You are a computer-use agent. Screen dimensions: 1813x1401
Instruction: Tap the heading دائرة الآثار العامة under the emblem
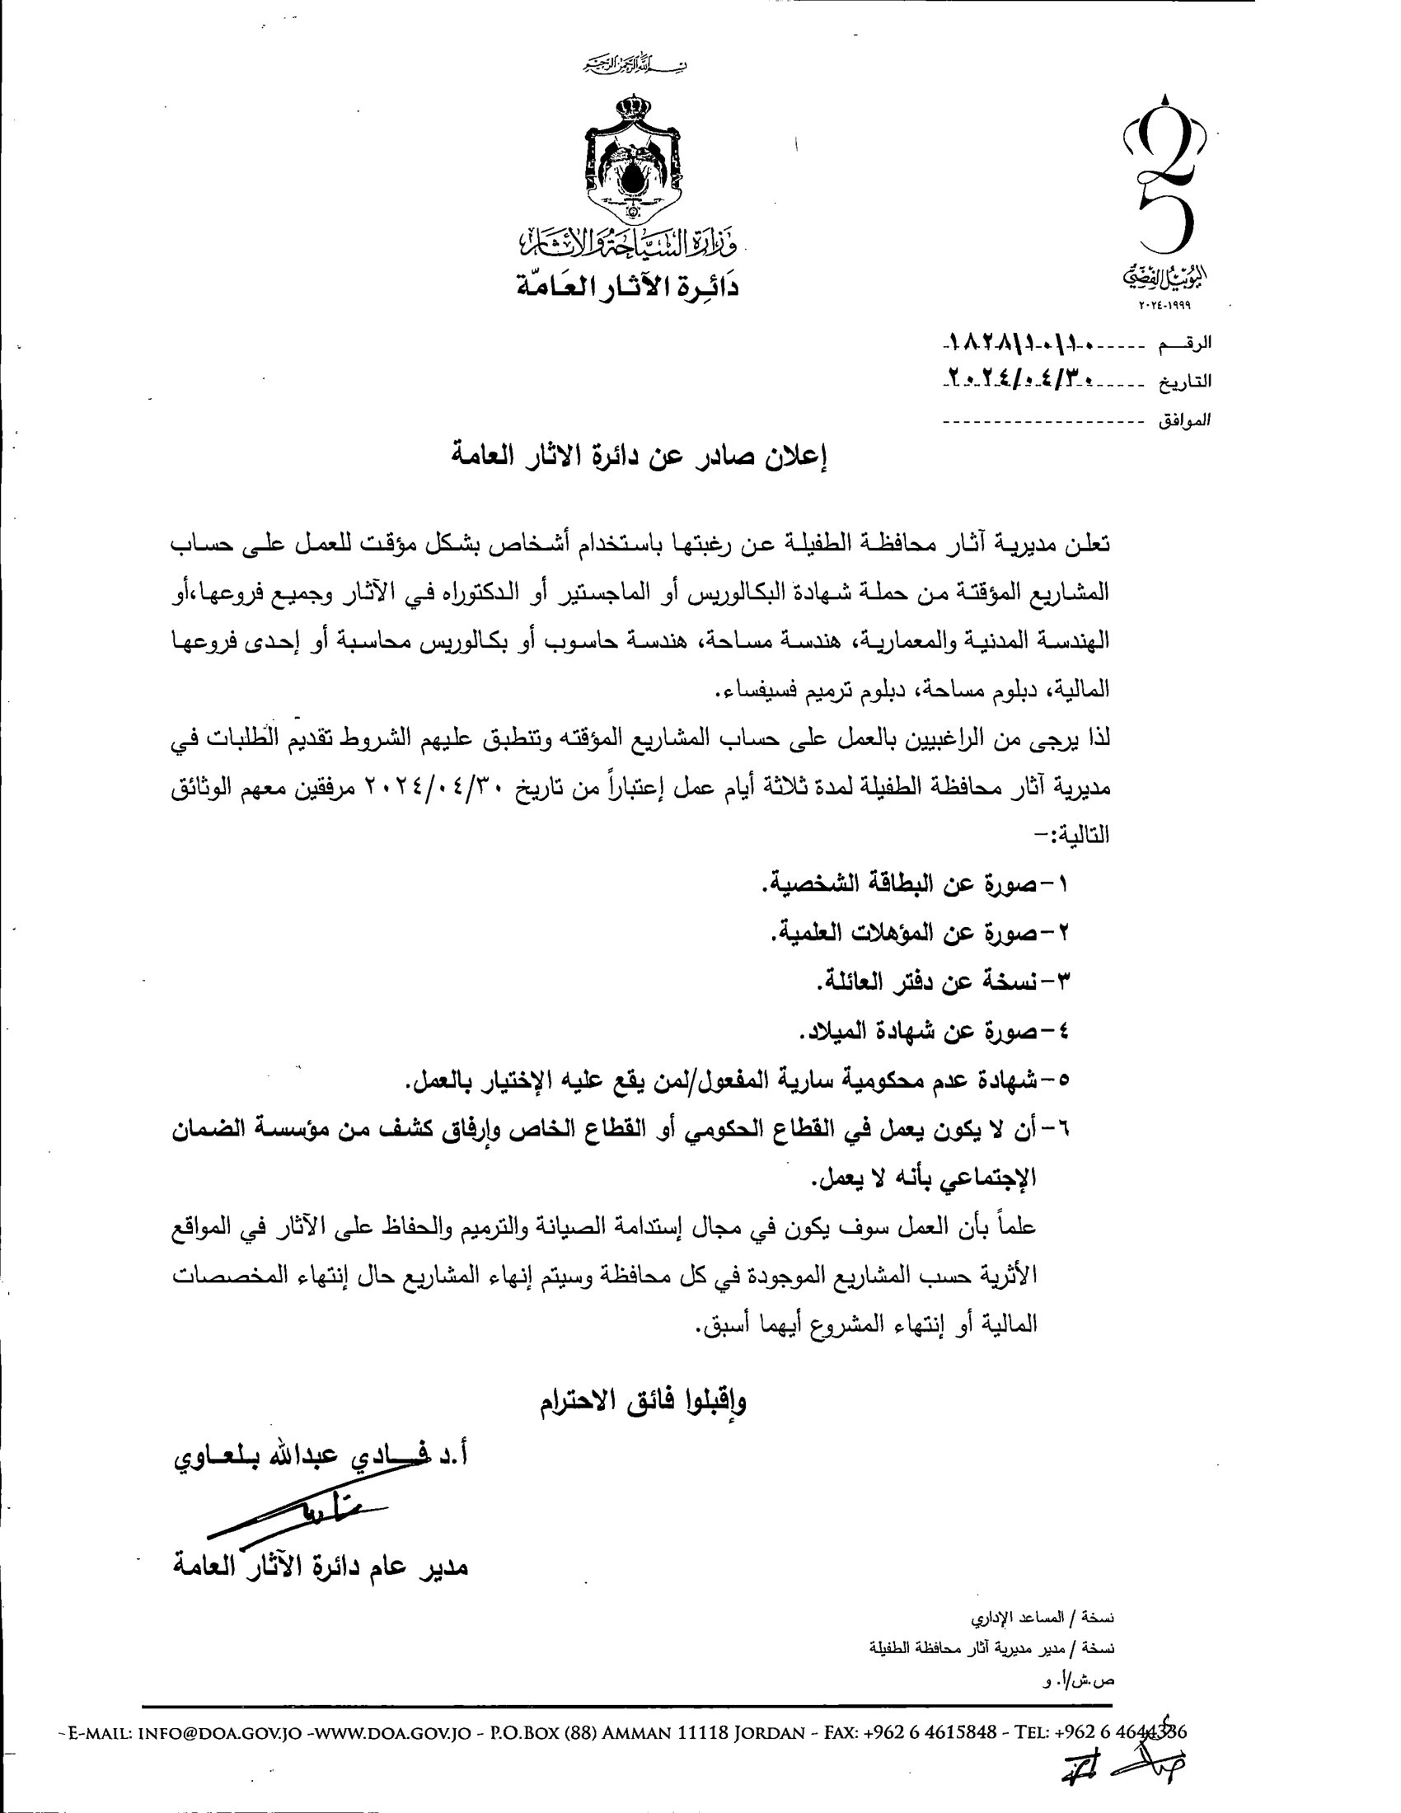point(625,288)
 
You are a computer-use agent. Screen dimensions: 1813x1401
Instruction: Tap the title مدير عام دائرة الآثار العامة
point(320,1566)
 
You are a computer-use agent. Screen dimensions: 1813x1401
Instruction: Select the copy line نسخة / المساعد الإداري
point(1043,1619)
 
